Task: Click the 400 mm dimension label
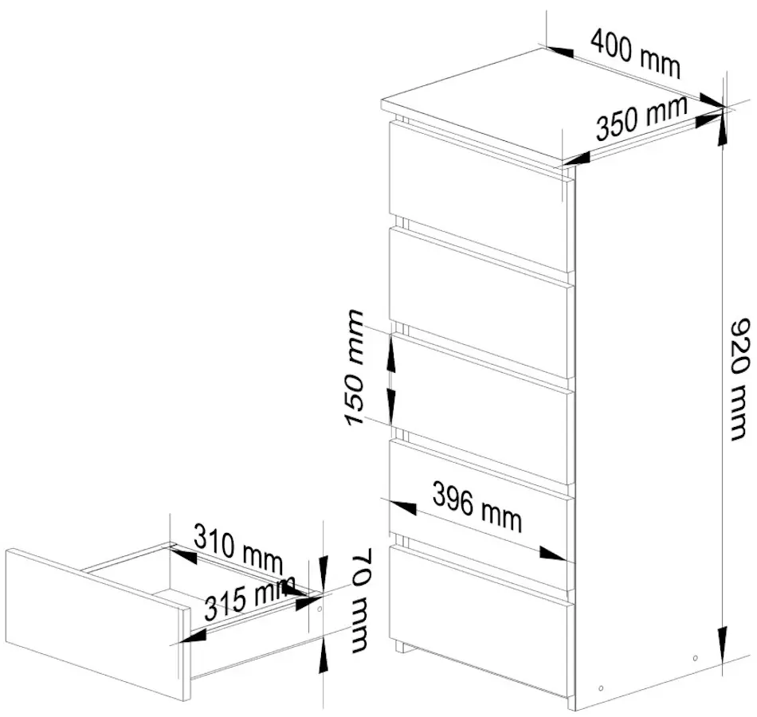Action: pyautogui.click(x=635, y=53)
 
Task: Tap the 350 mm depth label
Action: pyautogui.click(x=642, y=118)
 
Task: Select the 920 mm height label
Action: pyautogui.click(x=739, y=379)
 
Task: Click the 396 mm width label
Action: pyautogui.click(x=477, y=507)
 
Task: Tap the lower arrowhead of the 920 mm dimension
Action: pyautogui.click(x=722, y=644)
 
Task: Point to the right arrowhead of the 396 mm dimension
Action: pyautogui.click(x=552, y=554)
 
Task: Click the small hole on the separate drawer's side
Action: pyautogui.click(x=319, y=609)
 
